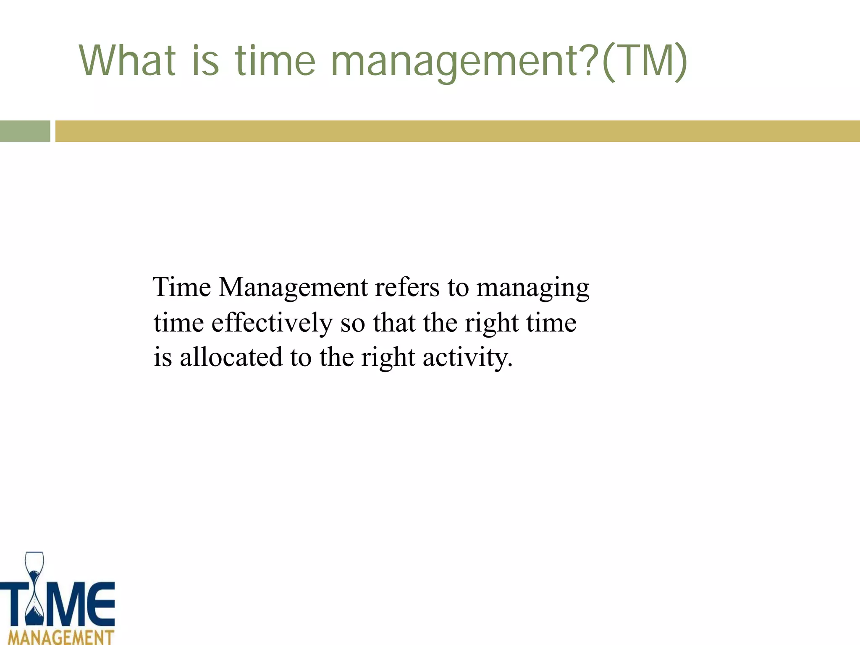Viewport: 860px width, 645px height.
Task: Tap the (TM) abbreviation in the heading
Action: point(644,61)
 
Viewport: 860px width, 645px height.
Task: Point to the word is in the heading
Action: point(206,61)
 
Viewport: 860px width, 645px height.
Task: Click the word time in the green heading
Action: point(275,61)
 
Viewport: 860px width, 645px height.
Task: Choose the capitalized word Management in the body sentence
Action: point(293,288)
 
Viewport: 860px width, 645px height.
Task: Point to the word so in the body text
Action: point(352,323)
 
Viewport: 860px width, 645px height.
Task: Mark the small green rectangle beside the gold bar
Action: point(25,131)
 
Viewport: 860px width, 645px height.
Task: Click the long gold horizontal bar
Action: point(457,131)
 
